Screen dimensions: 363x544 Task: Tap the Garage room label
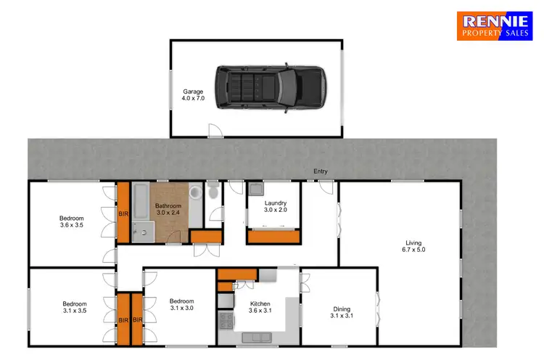click(192, 96)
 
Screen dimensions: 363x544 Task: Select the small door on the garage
click(215, 131)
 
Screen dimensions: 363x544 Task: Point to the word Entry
click(320, 172)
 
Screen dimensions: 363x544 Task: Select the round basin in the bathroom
click(194, 195)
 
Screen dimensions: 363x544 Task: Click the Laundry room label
click(275, 206)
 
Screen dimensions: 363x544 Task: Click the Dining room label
click(340, 311)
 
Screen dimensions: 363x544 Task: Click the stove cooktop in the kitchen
click(226, 301)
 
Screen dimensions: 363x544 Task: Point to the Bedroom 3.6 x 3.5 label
click(73, 222)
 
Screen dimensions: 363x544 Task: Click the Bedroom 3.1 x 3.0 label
click(182, 305)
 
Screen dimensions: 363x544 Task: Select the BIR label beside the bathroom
click(123, 215)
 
